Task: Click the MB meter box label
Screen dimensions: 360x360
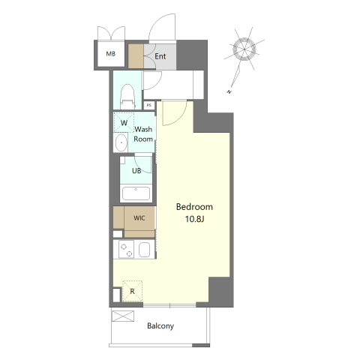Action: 111,54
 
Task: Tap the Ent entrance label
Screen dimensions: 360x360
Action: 160,56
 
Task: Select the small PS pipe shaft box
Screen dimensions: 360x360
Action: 149,105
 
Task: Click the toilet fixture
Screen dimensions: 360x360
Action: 127,97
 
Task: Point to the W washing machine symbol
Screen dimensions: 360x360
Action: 124,122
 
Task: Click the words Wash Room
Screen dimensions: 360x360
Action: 143,134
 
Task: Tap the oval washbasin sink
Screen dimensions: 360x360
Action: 121,142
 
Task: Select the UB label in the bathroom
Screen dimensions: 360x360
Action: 136,171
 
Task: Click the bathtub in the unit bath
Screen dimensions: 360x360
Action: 136,193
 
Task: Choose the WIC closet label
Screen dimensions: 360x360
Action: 139,218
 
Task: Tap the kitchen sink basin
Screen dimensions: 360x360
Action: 144,250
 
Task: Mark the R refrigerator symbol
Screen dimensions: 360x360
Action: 132,291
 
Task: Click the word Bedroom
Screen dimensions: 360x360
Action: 194,207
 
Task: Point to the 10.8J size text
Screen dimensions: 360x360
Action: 195,219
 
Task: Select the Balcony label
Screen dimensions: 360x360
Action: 160,326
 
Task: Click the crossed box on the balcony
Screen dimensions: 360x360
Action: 123,316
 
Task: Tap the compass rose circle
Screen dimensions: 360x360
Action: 244,49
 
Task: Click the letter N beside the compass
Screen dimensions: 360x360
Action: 229,92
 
